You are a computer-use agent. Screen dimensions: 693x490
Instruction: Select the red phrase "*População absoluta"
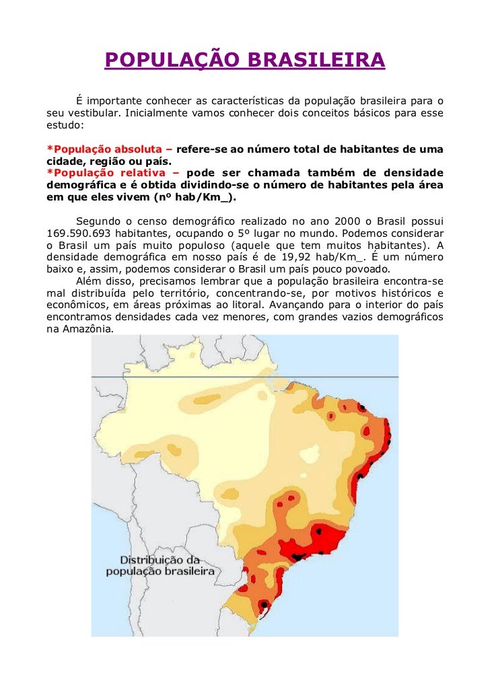pyautogui.click(x=105, y=149)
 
